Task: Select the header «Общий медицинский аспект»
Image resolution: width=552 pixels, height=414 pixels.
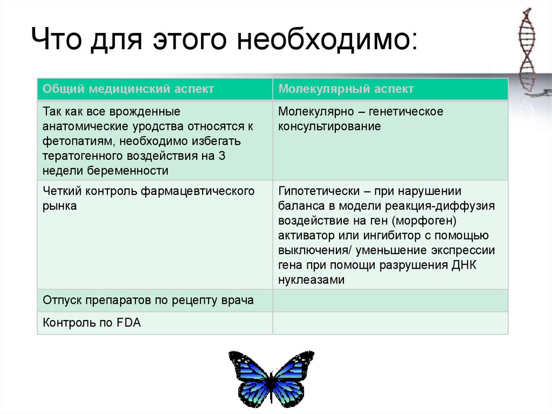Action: click(x=128, y=89)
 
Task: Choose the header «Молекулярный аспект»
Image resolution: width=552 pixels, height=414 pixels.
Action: click(x=346, y=89)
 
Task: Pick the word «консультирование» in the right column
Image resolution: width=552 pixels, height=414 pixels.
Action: click(x=329, y=127)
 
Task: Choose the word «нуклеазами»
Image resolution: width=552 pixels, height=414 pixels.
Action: click(x=310, y=280)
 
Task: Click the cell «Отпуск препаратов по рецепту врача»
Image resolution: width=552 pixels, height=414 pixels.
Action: click(x=148, y=301)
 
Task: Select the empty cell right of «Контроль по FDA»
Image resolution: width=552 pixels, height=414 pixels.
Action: click(x=390, y=323)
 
